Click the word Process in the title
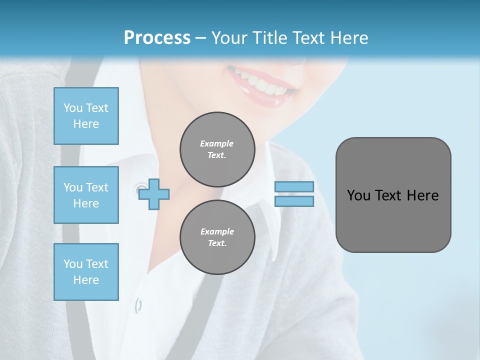[x=157, y=38]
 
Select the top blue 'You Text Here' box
[x=86, y=116]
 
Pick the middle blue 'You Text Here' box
[x=86, y=195]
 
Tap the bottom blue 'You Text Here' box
[x=86, y=272]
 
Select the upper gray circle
[x=217, y=149]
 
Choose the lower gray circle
[x=217, y=237]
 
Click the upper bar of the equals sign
[x=294, y=186]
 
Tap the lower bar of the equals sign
[x=294, y=201]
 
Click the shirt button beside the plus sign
[x=138, y=188]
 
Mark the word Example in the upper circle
[x=217, y=143]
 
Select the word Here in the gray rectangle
[x=422, y=195]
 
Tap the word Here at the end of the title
[x=349, y=38]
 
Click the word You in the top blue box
[x=72, y=108]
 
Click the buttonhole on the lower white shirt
[x=138, y=304]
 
